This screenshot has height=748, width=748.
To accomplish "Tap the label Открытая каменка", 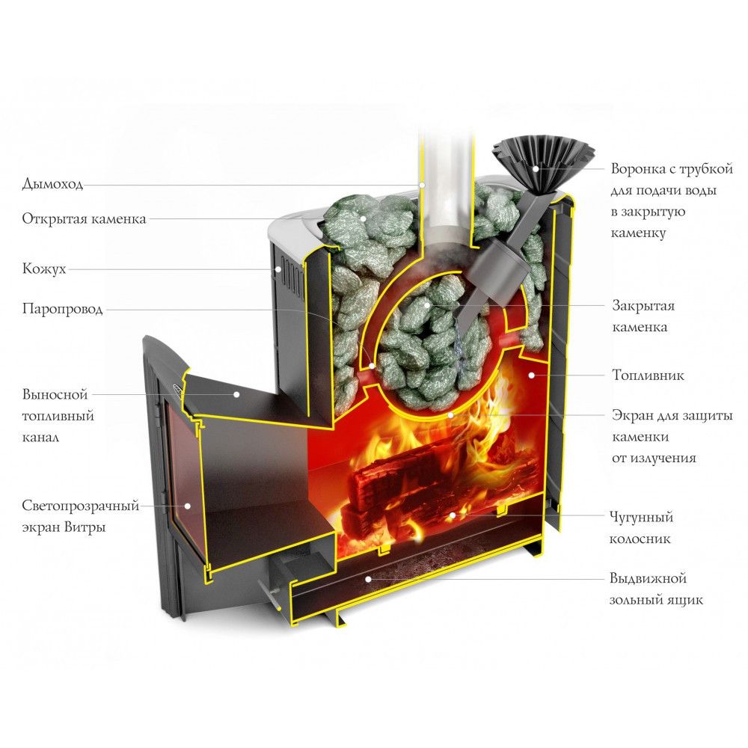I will pyautogui.click(x=84, y=219).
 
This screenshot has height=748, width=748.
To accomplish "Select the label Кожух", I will pyautogui.click(x=44, y=269).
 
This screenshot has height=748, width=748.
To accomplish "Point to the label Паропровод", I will pyautogui.click(x=62, y=309).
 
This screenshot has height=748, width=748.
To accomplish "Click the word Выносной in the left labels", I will pyautogui.click(x=55, y=393).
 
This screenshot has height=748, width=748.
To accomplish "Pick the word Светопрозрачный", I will pyautogui.click(x=81, y=506).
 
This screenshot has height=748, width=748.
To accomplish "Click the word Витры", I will pyautogui.click(x=87, y=527).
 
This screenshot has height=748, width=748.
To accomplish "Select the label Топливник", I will pyautogui.click(x=648, y=374).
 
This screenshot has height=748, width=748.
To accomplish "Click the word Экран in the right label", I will pyautogui.click(x=634, y=415).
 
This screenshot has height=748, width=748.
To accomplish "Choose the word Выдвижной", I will pyautogui.click(x=648, y=579).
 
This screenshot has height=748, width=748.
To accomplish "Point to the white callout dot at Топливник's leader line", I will pyautogui.click(x=530, y=373).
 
